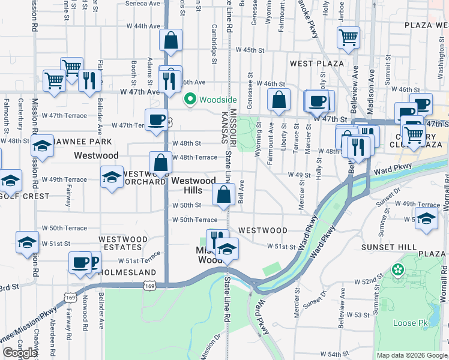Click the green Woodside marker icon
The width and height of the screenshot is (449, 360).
coord(190,99)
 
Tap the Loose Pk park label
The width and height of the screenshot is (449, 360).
coord(410,323)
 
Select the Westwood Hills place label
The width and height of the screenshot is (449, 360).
coord(193,185)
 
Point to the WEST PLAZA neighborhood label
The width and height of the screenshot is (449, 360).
coord(316,63)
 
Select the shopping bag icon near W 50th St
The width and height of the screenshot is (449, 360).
coord(223,194)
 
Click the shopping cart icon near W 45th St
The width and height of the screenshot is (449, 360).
coord(348,37)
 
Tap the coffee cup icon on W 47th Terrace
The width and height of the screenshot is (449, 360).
coord(157,119)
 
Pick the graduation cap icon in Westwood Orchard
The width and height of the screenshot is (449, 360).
coord(112,177)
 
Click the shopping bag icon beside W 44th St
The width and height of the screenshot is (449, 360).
coord(171,41)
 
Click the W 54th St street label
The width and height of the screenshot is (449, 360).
coord(331,354)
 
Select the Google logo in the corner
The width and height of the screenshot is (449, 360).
coord(20,353)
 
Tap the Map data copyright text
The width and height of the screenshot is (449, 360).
coord(412,355)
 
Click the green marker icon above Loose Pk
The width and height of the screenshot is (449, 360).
coord(397,271)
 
